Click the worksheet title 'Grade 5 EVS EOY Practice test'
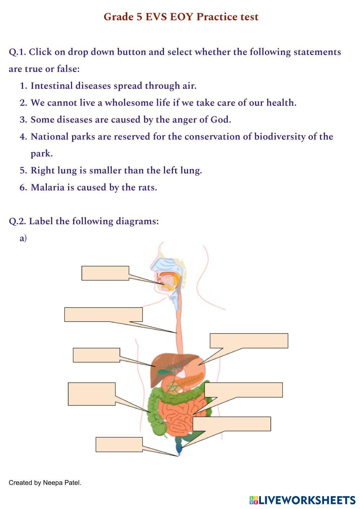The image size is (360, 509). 181,17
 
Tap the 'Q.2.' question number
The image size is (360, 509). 17,221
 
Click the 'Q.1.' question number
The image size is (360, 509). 17,52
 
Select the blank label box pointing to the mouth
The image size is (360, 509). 105,273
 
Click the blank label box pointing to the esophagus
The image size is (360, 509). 103,314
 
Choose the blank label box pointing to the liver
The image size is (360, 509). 96,355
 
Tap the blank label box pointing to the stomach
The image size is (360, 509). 249,341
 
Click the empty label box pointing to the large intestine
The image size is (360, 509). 92,394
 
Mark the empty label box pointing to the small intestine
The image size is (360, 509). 243,390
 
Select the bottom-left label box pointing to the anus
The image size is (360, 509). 119,444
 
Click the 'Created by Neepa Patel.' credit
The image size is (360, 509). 45,483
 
